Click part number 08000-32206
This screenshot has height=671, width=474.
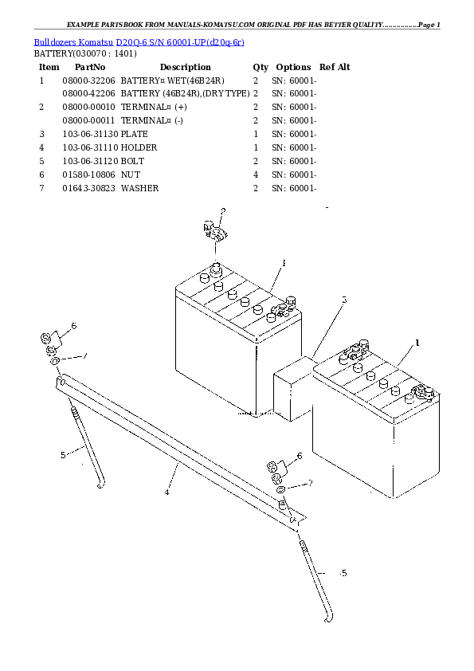click(x=88, y=80)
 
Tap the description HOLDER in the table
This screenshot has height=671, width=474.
click(x=139, y=148)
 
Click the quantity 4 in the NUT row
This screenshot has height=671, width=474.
click(x=255, y=175)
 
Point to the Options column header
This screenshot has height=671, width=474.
click(x=292, y=67)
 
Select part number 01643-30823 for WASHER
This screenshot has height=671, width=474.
click(x=88, y=188)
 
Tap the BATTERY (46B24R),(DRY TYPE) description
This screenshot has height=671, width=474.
click(x=185, y=94)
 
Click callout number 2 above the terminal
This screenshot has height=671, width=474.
click(x=223, y=211)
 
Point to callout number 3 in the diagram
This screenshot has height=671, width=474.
click(x=344, y=300)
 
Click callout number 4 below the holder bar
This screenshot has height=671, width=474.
click(x=166, y=492)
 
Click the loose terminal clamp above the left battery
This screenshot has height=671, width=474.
click(x=214, y=233)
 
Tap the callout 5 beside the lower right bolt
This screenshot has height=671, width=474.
click(x=343, y=573)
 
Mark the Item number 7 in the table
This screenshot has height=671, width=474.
click(x=41, y=188)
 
